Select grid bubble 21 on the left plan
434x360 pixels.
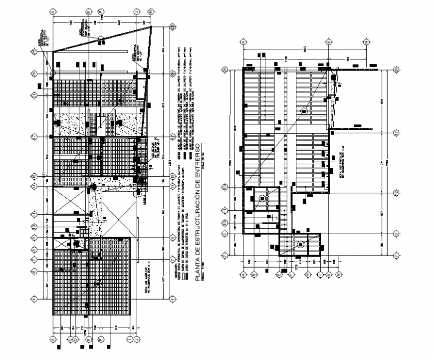34,95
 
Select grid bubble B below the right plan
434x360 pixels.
253,274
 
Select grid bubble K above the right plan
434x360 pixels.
329,42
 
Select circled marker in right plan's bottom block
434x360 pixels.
301,244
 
